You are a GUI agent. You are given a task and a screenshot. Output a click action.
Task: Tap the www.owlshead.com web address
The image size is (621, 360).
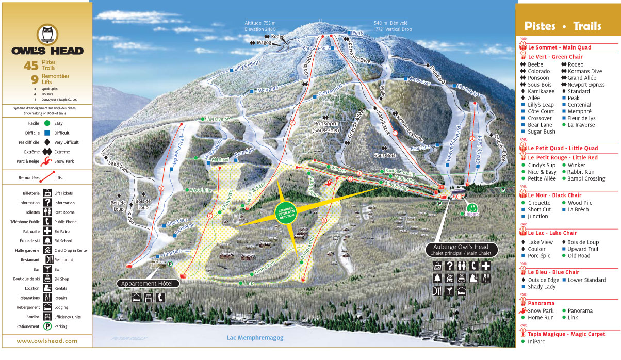(46, 341)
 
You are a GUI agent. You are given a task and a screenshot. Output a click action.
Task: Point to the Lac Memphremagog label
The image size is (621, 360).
(255, 338)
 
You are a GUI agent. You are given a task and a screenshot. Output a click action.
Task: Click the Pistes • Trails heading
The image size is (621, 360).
(563, 26)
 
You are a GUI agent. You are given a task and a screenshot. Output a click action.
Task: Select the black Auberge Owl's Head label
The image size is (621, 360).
(462, 250)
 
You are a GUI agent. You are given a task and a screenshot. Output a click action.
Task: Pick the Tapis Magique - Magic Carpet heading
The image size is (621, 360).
(566, 334)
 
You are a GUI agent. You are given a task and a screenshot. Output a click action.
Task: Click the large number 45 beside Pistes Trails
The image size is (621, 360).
(31, 66)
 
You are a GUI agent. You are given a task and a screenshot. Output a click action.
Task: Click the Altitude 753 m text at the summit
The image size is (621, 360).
(260, 23)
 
